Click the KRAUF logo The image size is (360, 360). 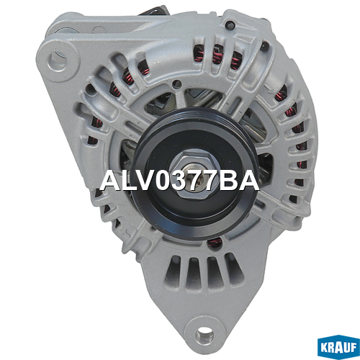338,347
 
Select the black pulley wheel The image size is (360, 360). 195,174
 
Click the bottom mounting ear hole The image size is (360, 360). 204,334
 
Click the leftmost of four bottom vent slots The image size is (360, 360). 172,271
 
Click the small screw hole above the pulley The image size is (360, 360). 176,84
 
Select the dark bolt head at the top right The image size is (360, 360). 230,24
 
